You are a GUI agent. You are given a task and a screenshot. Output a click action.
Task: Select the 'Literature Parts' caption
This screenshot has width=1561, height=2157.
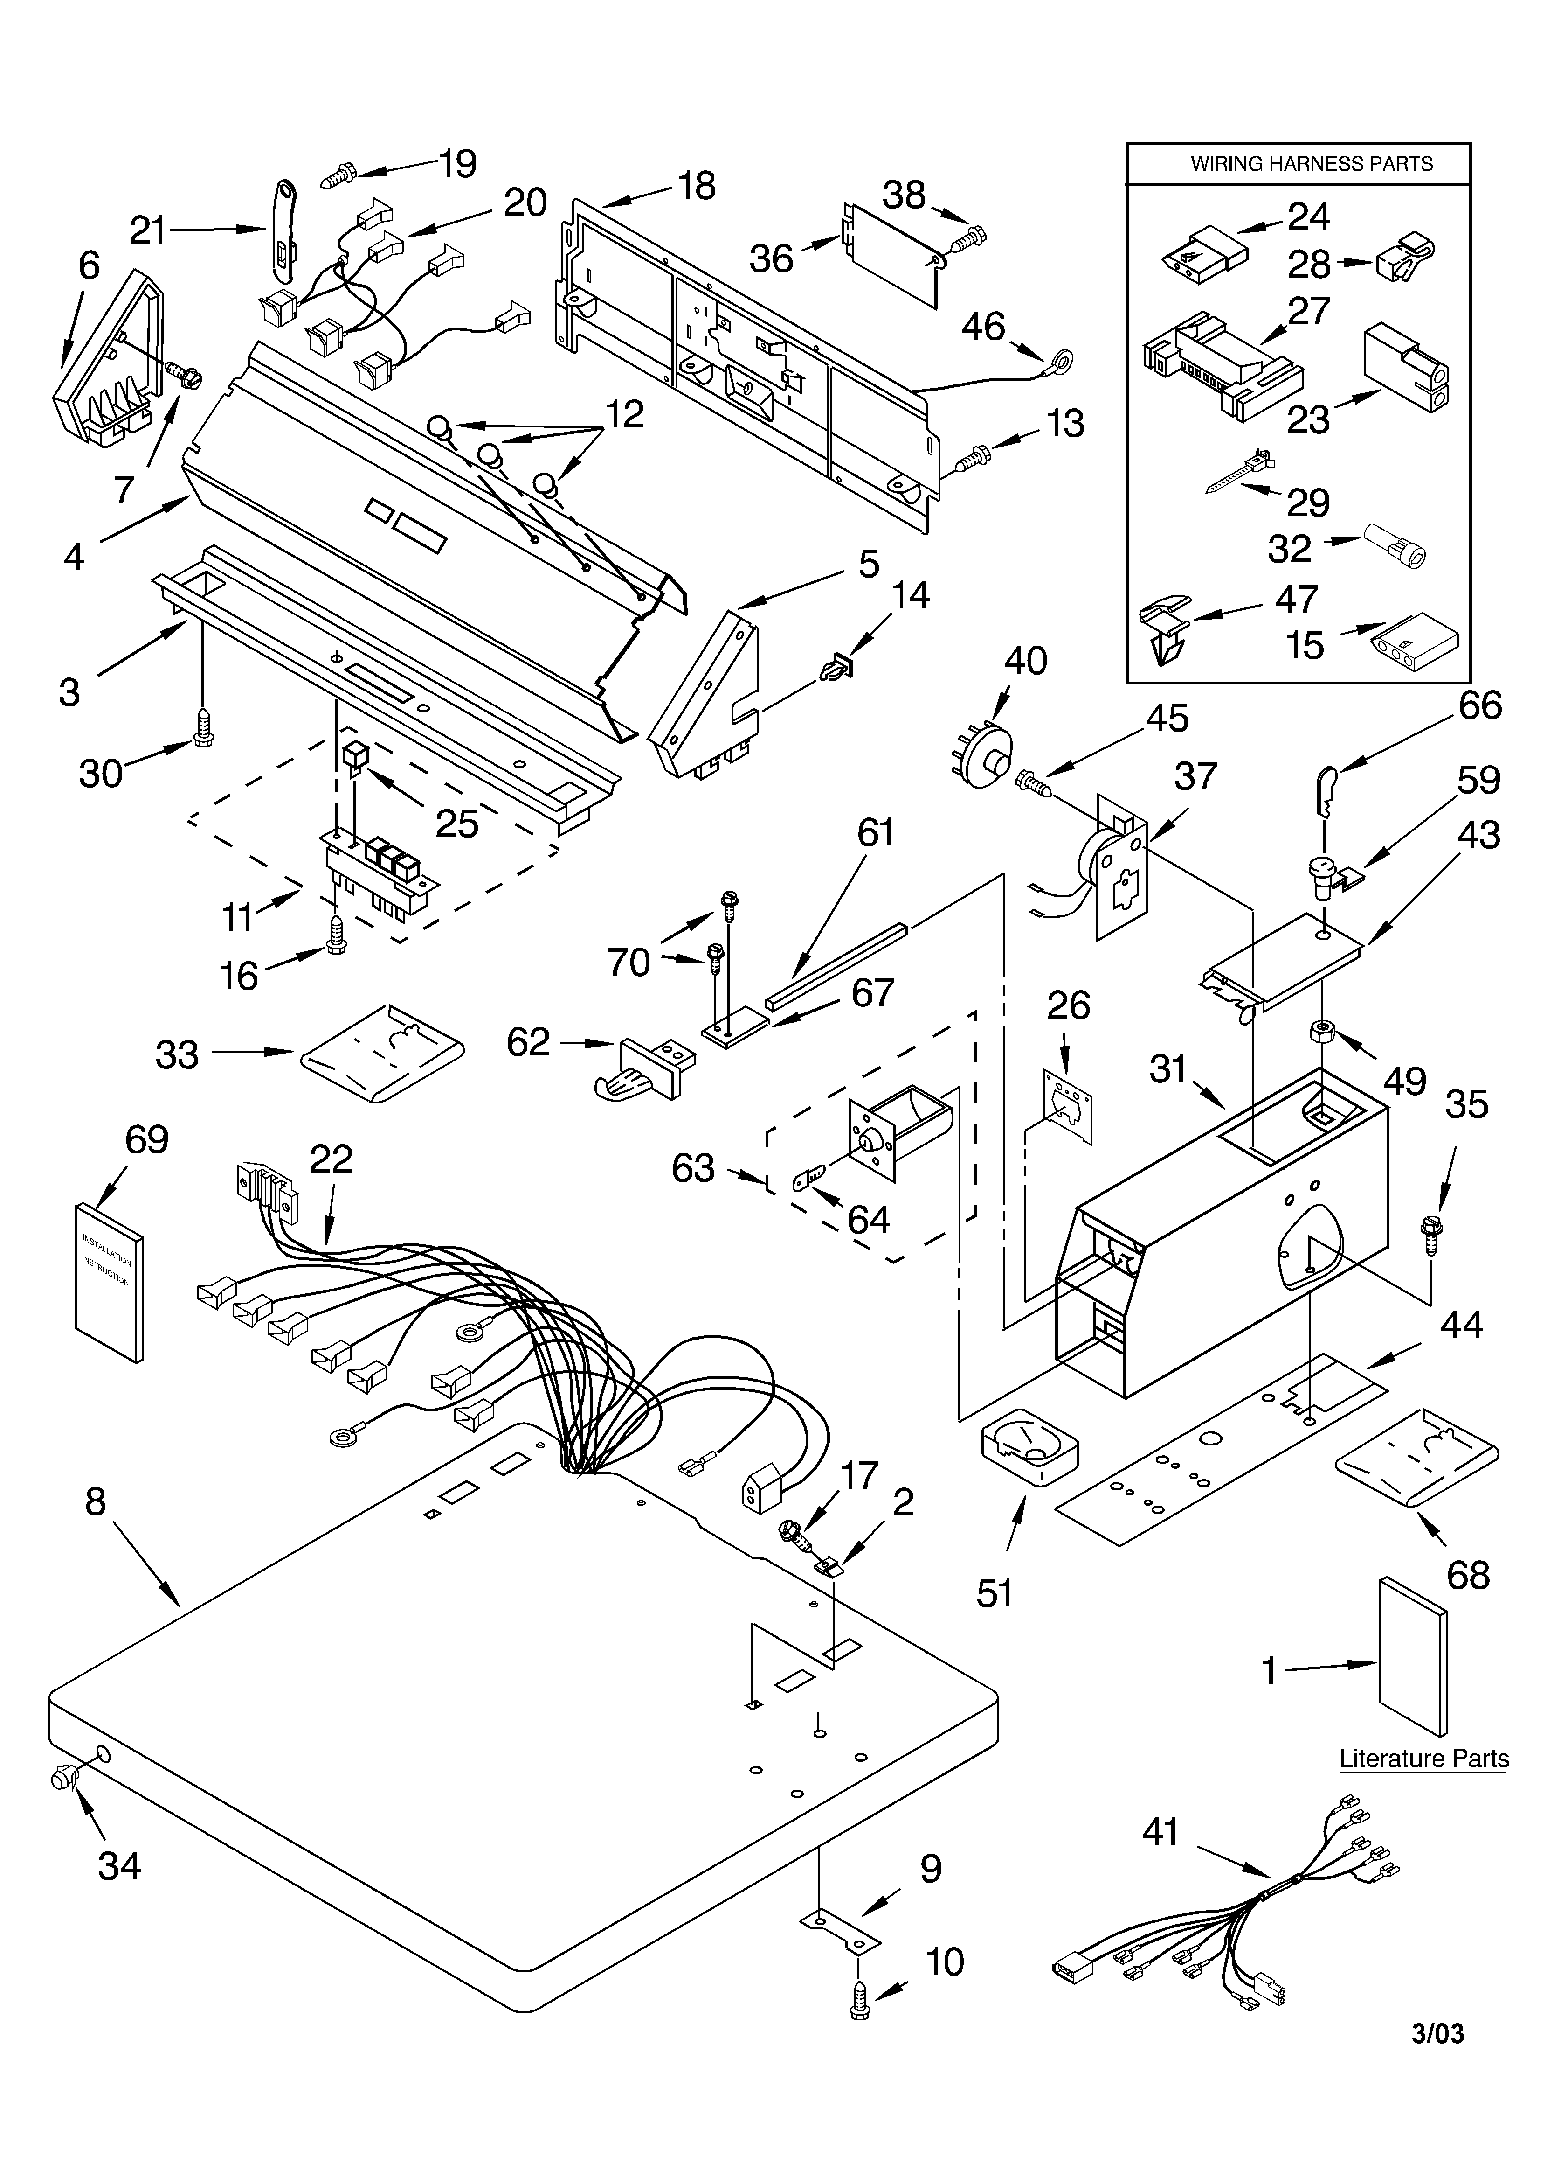1423,1759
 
